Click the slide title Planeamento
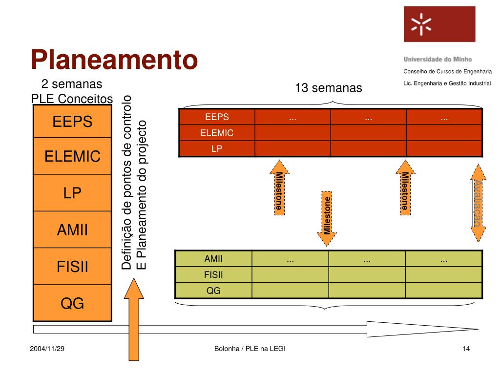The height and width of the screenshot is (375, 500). (115, 60)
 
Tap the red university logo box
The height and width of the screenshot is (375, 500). (439, 24)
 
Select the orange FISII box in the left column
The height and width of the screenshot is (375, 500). (72, 267)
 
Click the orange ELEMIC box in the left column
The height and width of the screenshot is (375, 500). (72, 156)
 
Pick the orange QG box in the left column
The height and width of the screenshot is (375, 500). (72, 304)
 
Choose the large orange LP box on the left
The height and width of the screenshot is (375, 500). (72, 193)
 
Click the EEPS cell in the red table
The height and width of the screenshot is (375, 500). (217, 117)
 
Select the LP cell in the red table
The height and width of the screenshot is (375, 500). (217, 149)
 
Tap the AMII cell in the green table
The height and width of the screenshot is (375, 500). (213, 259)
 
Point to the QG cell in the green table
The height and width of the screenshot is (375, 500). (213, 291)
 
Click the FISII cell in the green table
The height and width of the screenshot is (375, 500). (213, 275)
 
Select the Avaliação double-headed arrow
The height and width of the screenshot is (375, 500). (478, 202)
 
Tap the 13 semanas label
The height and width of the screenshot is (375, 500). (329, 88)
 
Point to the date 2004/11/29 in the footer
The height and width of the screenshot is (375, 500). (47, 349)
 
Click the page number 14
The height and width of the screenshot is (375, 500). (465, 349)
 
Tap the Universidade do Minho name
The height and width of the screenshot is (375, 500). (437, 59)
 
